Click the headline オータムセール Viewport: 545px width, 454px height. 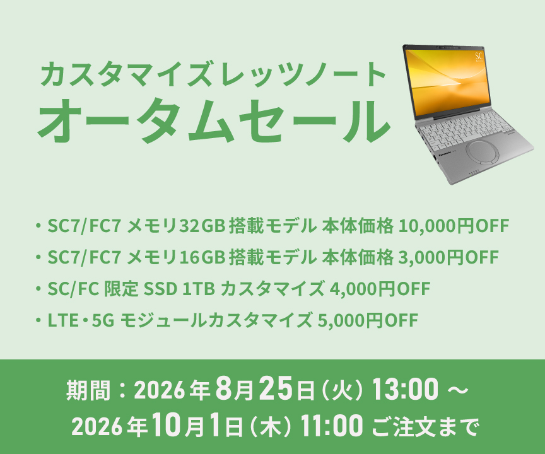(213, 120)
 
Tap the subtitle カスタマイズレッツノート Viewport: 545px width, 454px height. (213, 74)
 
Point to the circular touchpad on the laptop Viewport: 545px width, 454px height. (483, 153)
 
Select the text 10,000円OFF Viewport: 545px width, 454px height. (454, 226)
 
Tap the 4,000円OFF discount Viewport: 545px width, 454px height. (380, 289)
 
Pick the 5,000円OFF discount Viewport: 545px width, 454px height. (367, 320)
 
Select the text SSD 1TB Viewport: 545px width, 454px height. (179, 289)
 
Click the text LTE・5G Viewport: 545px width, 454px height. (81, 320)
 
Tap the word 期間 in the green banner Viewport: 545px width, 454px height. (88, 390)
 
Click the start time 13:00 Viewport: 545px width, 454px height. (405, 389)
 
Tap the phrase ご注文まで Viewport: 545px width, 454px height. (425, 427)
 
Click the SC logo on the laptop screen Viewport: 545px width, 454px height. (479, 56)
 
